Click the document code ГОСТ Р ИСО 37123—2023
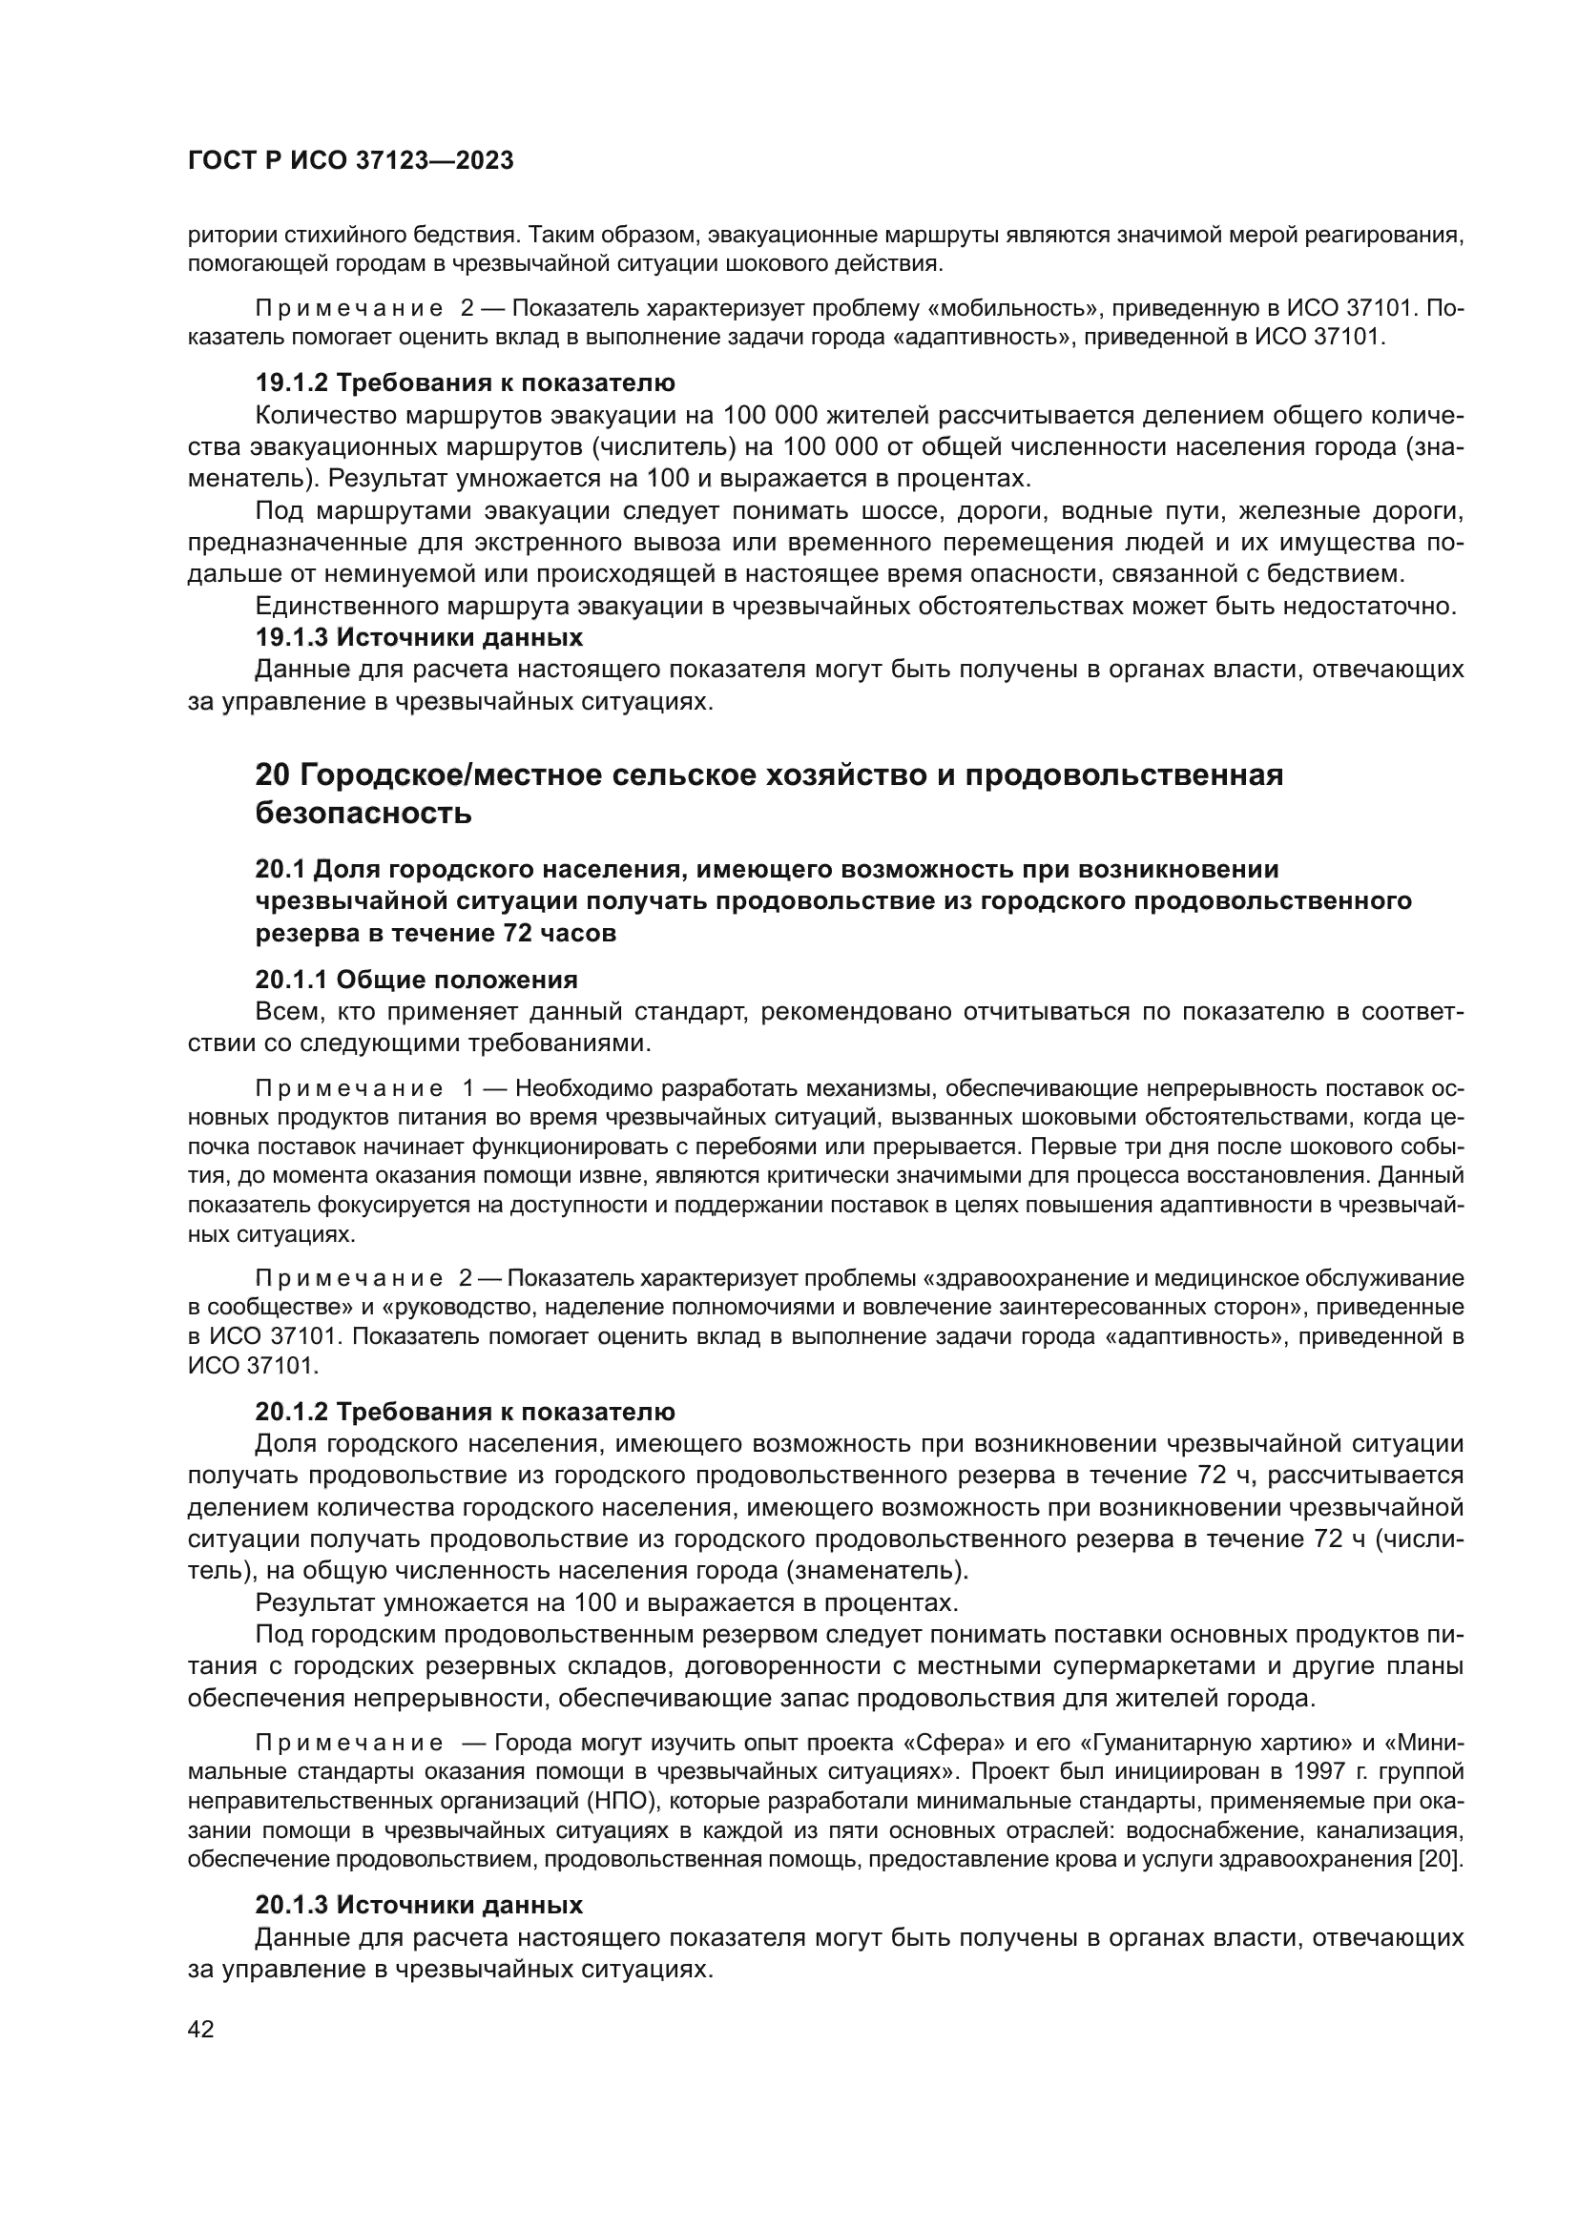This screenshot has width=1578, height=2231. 351,161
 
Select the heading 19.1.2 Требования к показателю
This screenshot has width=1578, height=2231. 465,382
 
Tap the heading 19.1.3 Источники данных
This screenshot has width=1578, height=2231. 419,637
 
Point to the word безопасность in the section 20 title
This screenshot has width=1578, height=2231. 363,813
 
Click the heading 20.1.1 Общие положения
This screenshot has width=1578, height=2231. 416,980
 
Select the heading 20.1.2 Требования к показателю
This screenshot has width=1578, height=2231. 465,1411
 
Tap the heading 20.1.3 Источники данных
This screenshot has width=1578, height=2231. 419,1905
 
